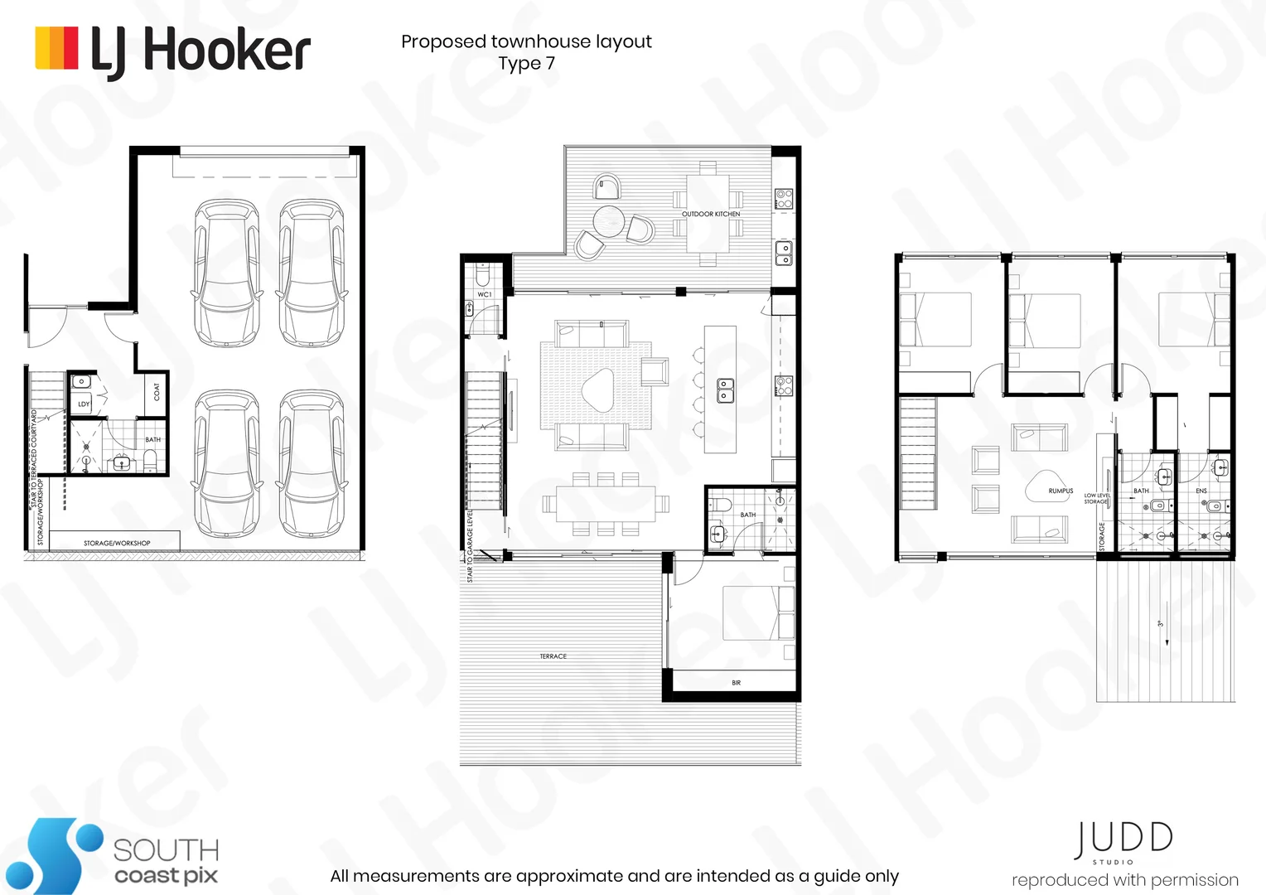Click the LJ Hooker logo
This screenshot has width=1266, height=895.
tap(172, 51)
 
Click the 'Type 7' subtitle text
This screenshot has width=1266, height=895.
tap(526, 64)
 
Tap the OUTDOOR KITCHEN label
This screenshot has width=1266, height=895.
tap(711, 214)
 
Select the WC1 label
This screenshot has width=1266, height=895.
tap(485, 294)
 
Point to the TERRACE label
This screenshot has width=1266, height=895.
tap(553, 656)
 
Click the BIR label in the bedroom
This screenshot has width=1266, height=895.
tap(736, 683)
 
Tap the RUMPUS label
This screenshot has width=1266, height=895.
tap(1061, 491)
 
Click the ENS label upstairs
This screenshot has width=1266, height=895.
tap(1201, 491)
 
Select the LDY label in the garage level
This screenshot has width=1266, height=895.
tap(84, 404)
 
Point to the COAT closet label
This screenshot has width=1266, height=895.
tap(157, 391)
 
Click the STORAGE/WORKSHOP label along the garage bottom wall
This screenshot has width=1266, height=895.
tap(117, 543)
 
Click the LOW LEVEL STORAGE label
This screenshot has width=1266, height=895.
tap(1096, 498)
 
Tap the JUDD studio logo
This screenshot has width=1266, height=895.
tap(1123, 841)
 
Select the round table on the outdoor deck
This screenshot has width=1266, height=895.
tap(609, 220)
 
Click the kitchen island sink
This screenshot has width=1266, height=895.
tap(724, 389)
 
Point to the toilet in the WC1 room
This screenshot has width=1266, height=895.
tap(484, 274)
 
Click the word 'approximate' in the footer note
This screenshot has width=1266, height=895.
tap(558, 876)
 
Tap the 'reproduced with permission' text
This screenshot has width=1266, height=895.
tap(1124, 880)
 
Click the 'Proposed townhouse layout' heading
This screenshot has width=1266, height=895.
tap(526, 41)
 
